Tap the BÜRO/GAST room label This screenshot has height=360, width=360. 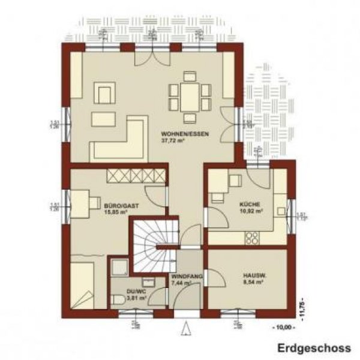point(122,206)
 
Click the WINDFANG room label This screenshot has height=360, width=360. point(186,275)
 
